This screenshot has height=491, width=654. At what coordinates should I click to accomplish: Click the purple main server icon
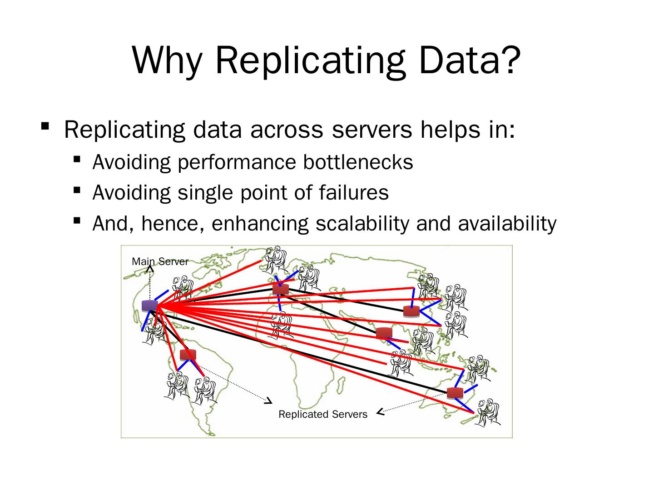pyautogui.click(x=149, y=306)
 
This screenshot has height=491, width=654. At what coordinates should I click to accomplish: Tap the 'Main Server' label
pyautogui.click(x=160, y=261)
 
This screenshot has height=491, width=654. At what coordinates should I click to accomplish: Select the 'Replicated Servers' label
pyautogui.click(x=322, y=414)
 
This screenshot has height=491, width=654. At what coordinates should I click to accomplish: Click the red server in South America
pyautogui.click(x=188, y=355)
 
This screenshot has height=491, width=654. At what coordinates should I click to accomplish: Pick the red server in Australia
pyautogui.click(x=455, y=393)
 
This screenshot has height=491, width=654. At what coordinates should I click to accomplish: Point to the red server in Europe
pyautogui.click(x=281, y=288)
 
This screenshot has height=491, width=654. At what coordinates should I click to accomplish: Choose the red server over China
pyautogui.click(x=411, y=311)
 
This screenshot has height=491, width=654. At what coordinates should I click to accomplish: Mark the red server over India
pyautogui.click(x=384, y=333)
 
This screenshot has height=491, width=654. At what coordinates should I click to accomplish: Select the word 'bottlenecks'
pyautogui.click(x=358, y=162)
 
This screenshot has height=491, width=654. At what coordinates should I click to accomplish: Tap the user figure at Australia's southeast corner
pyautogui.click(x=487, y=412)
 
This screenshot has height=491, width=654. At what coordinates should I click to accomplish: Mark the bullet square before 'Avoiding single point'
pyautogui.click(x=76, y=190)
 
